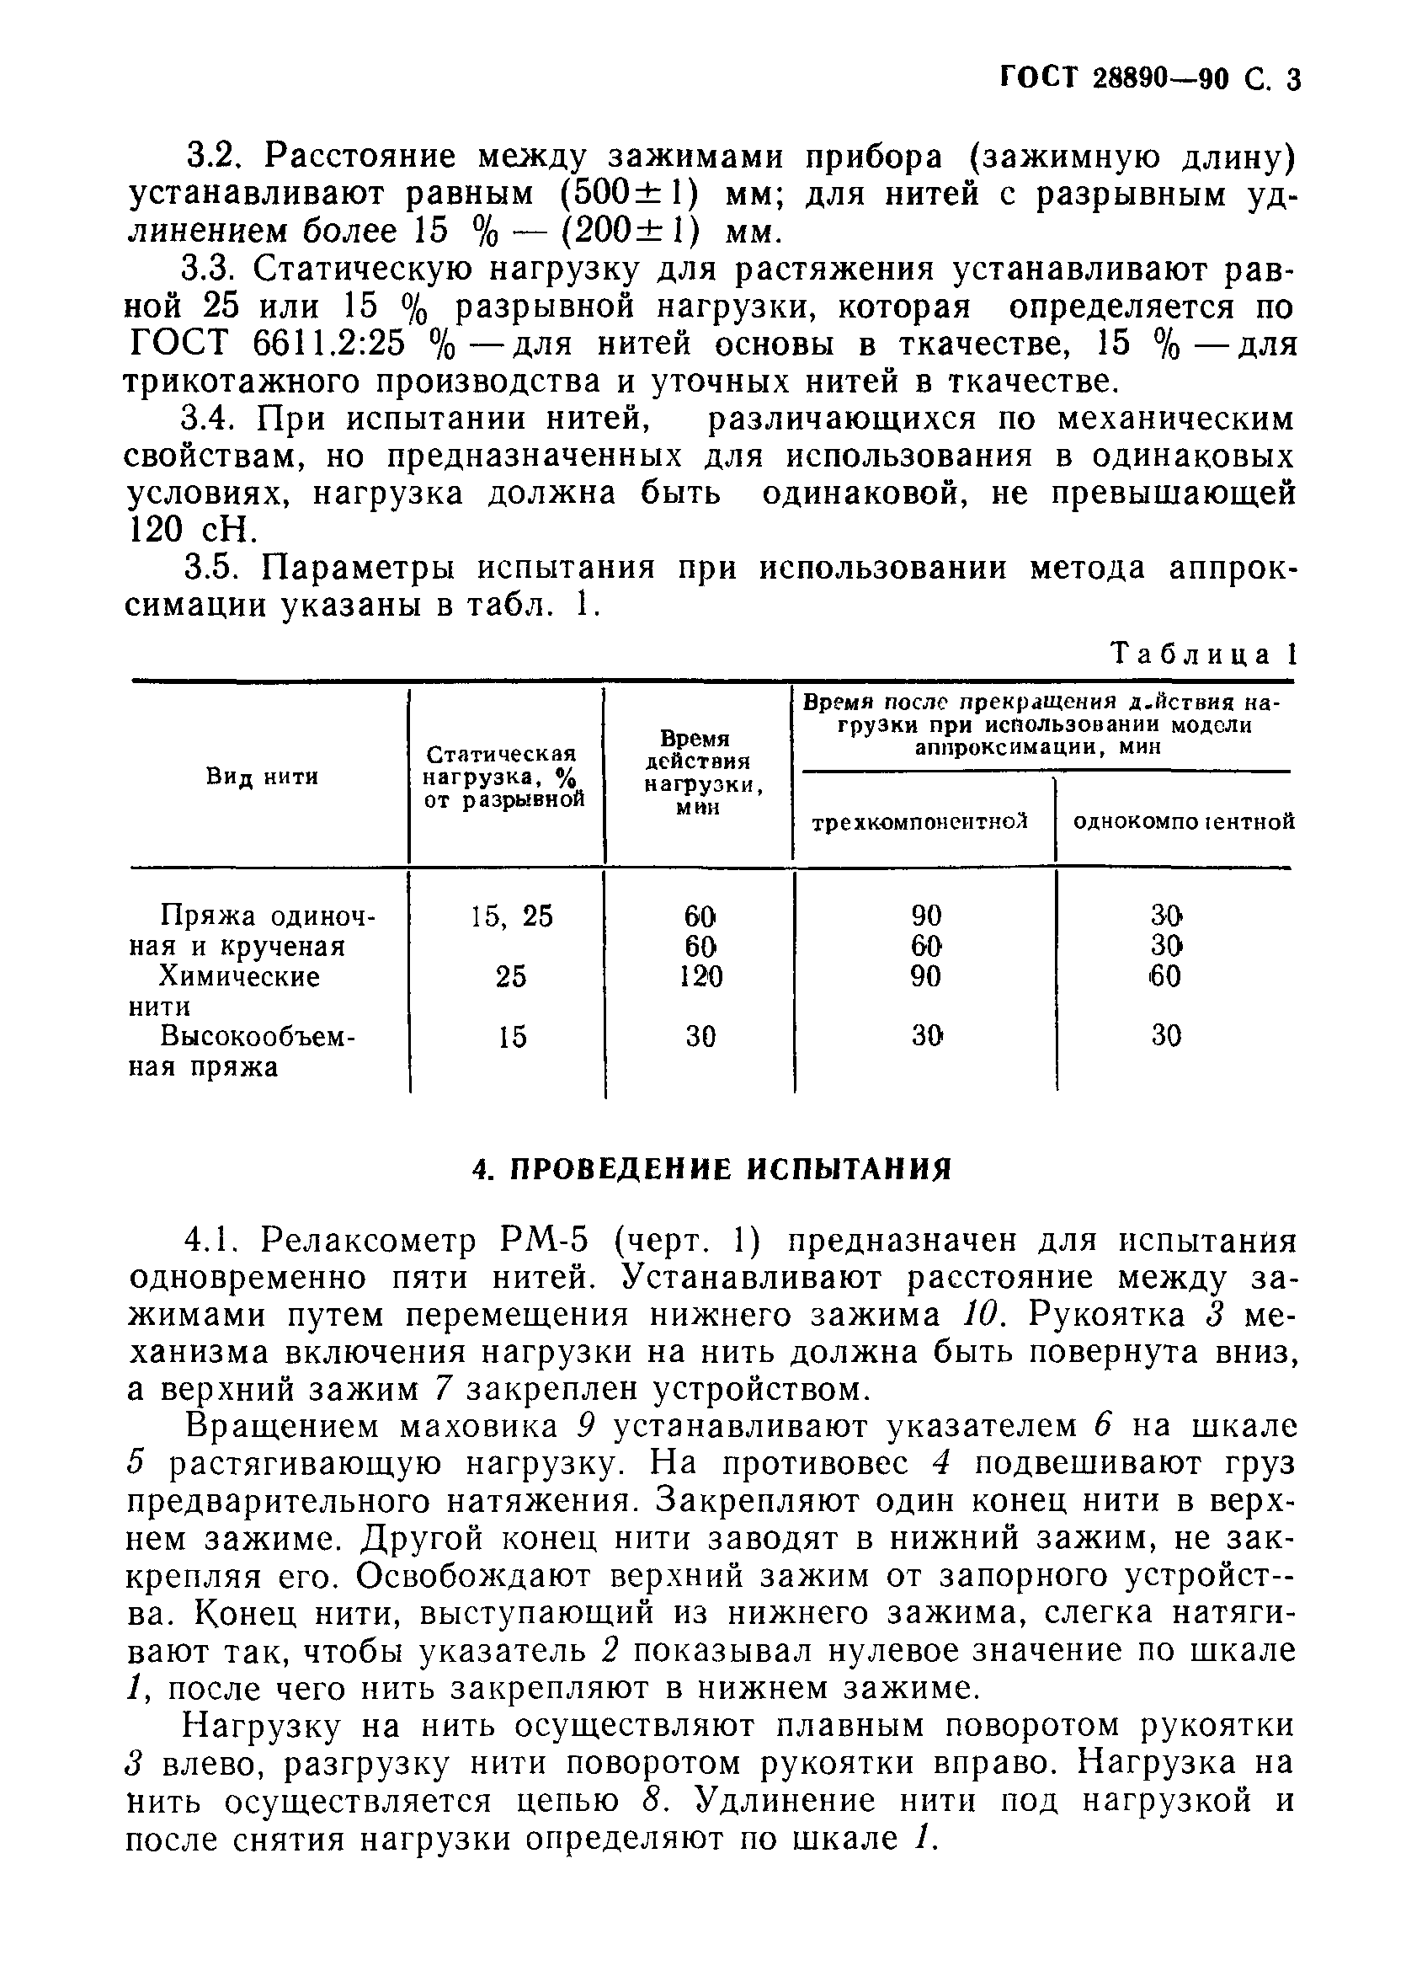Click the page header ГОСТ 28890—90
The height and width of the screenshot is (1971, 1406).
(1116, 80)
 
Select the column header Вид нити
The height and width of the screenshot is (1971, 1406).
(263, 777)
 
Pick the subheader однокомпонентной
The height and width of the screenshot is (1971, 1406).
(1184, 821)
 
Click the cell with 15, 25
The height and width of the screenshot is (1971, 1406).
(511, 916)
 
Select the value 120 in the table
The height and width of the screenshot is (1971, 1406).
(700, 977)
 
